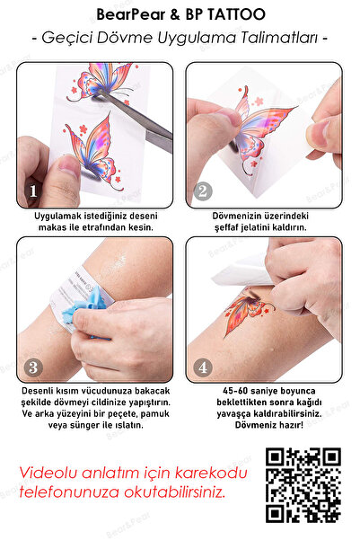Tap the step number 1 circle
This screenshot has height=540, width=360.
coord(32,190)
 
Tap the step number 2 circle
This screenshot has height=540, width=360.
coord(203,190)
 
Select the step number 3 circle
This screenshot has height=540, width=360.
coord(32,366)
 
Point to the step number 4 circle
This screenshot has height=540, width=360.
coord(203,366)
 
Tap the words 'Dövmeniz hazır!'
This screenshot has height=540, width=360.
coord(265,426)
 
